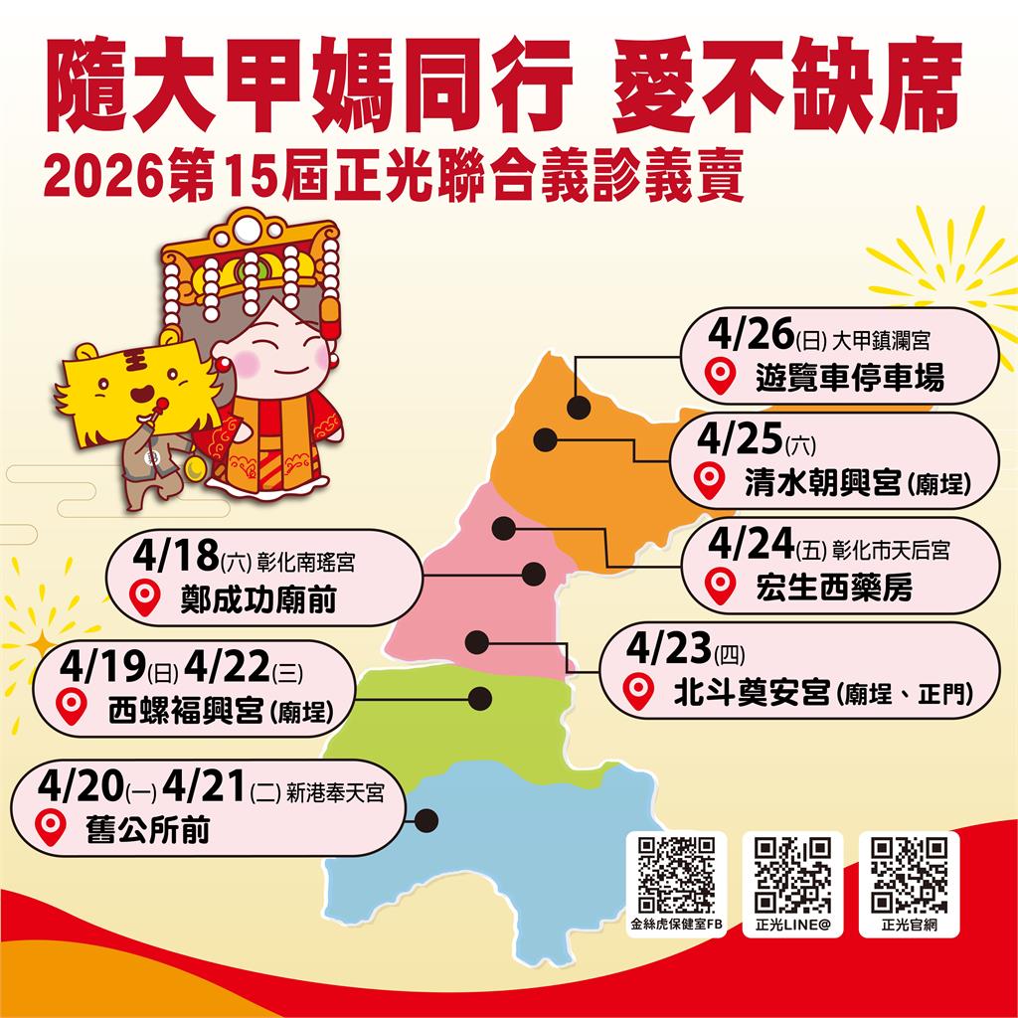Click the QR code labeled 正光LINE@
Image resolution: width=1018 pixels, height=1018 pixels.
tap(792, 876)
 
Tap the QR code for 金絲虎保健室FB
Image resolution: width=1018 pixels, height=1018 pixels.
tap(676, 876)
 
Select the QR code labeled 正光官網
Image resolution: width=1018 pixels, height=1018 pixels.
tap(909, 876)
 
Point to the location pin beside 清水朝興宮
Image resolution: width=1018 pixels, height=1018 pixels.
tap(709, 480)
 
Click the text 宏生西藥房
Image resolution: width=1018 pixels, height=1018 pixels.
tap(833, 588)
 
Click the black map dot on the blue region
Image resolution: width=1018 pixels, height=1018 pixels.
tap(426, 821)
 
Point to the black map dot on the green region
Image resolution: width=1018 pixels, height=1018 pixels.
tap(481, 699)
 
